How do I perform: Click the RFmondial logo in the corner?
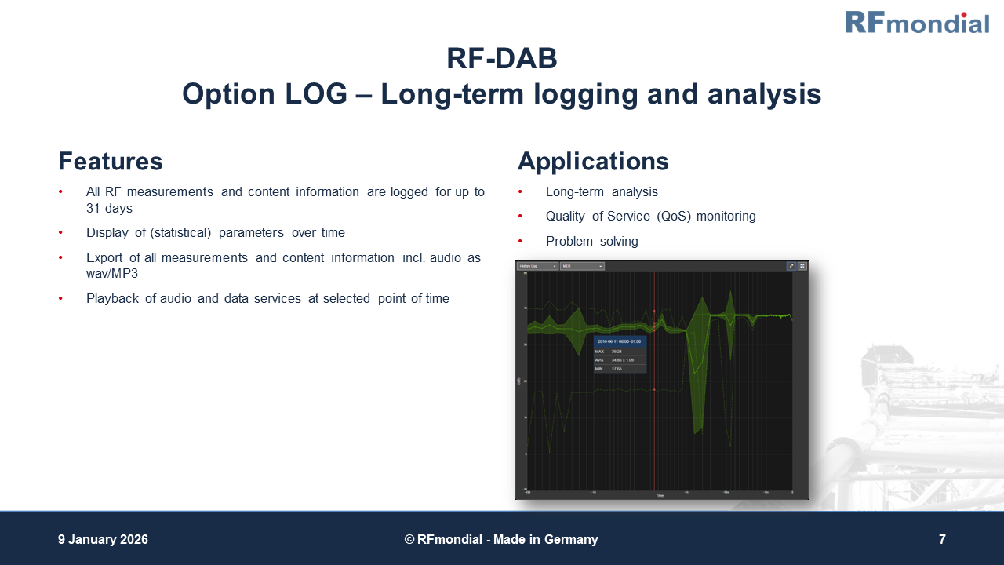(x=916, y=22)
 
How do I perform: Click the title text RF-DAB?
(x=501, y=59)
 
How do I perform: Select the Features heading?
(x=111, y=162)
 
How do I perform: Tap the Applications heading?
(x=593, y=162)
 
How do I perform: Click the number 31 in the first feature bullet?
(x=94, y=209)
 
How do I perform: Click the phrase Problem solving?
(x=591, y=242)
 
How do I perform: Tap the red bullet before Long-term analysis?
(x=520, y=192)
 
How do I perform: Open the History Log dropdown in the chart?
(x=537, y=266)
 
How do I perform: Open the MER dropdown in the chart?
(x=581, y=266)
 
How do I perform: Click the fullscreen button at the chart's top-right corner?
(x=802, y=266)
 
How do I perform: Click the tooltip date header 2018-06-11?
(x=619, y=341)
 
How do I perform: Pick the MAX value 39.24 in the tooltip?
(x=617, y=352)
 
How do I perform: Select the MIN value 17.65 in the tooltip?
(x=617, y=368)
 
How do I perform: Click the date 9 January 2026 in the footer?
(x=103, y=540)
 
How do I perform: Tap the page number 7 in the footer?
(x=942, y=540)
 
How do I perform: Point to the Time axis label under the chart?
(x=660, y=496)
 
